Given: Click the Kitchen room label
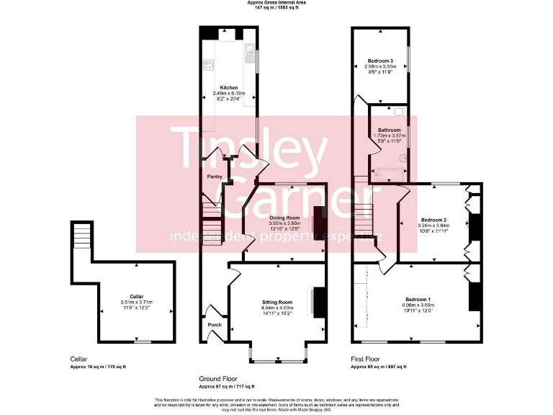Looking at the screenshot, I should [x=229, y=88].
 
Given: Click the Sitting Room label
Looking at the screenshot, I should [x=276, y=302].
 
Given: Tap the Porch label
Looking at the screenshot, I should [x=215, y=325].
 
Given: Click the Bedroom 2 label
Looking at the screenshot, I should [x=434, y=219].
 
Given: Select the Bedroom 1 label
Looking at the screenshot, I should [x=418, y=299].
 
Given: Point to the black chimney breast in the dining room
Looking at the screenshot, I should [x=320, y=222].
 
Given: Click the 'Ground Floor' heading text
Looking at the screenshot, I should [x=220, y=378].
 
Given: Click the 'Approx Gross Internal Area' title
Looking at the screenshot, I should [x=276, y=4].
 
